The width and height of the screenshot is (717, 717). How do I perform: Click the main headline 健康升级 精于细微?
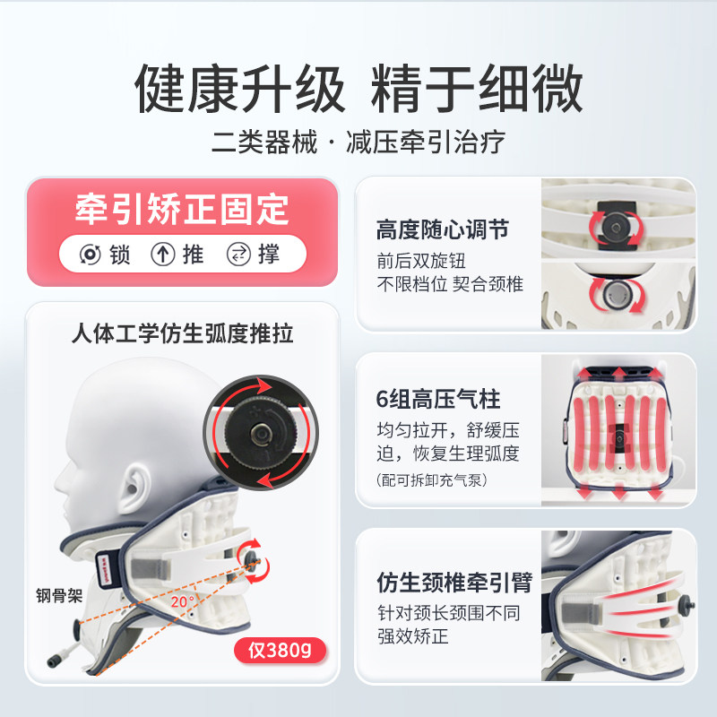[x=358, y=89]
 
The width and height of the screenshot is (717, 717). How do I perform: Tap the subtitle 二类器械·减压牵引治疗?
[x=358, y=142]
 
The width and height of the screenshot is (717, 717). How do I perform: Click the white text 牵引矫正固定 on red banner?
[x=182, y=209]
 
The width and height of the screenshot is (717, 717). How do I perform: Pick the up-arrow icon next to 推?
[x=162, y=255]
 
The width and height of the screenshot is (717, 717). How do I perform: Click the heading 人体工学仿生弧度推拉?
[x=182, y=334]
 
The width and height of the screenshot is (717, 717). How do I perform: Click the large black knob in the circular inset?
[x=260, y=432]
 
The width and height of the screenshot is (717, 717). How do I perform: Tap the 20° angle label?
[x=185, y=603]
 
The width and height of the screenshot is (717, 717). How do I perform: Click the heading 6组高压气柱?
[x=437, y=398]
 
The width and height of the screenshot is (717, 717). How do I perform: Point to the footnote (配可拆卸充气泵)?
[x=432, y=480]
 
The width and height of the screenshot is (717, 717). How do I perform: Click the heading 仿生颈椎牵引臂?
[x=454, y=583]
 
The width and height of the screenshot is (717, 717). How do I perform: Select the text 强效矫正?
[x=412, y=637]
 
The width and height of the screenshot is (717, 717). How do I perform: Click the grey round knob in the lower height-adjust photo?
[x=616, y=292]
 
